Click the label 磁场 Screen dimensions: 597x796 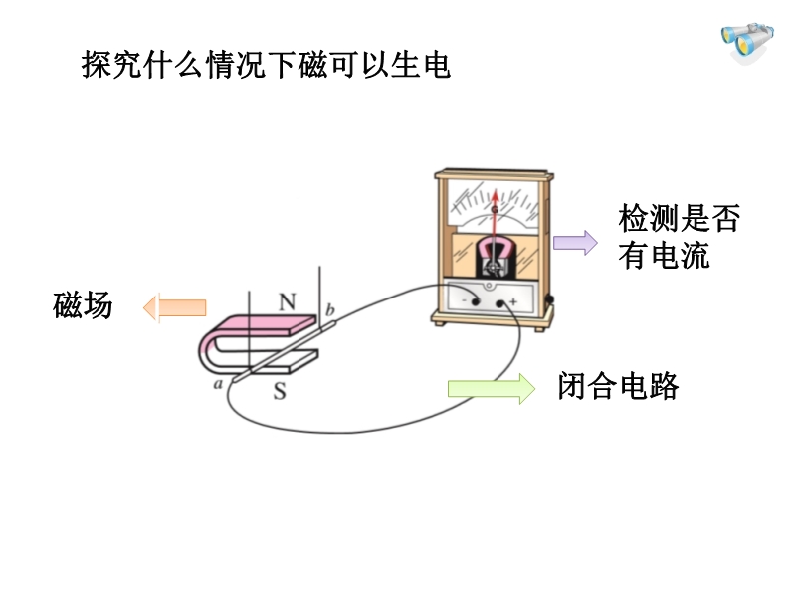[x=83, y=305]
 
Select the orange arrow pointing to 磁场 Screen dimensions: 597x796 [x=174, y=308]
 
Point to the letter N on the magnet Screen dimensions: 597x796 [x=287, y=300]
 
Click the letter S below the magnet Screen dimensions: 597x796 [x=280, y=391]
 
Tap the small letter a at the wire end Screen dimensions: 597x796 [x=218, y=383]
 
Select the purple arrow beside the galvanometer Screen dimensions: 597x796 [x=575, y=242]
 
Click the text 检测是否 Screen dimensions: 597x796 [x=679, y=218]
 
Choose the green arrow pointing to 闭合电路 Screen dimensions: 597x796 [x=491, y=387]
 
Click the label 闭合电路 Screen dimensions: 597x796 [x=618, y=387]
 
